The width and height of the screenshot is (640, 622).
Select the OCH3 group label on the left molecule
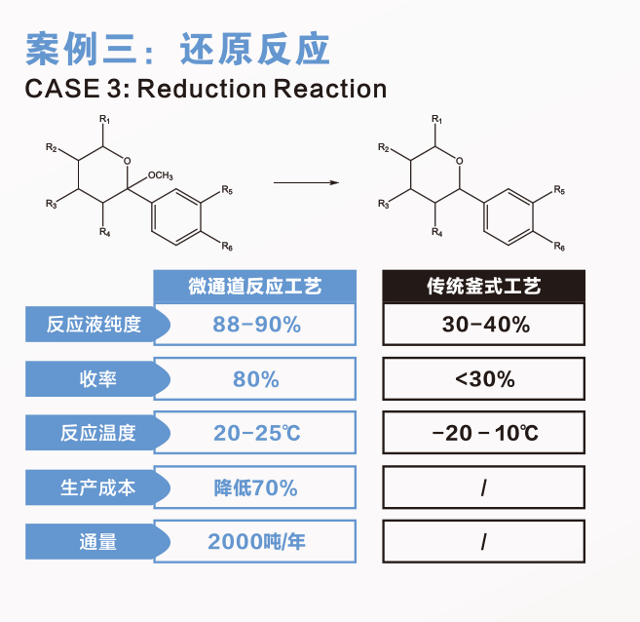pyautogui.click(x=160, y=175)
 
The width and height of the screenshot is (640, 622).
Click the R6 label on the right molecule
pyautogui.click(x=559, y=247)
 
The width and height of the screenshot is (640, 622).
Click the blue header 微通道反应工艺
pyautogui.click(x=255, y=287)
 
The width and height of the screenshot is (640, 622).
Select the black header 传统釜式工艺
pyautogui.click(x=484, y=287)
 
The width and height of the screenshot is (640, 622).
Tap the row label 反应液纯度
pyautogui.click(x=94, y=325)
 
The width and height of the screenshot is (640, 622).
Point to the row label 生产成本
pyautogui.click(x=94, y=487)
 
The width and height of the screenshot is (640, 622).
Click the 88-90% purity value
pyautogui.click(x=256, y=325)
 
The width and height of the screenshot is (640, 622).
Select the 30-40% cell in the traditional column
pyautogui.click(x=485, y=325)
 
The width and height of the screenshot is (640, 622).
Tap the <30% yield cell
pyautogui.click(x=484, y=379)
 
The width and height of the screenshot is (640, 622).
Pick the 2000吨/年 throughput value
pyautogui.click(x=256, y=542)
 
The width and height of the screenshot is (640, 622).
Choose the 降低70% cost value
pyautogui.click(x=256, y=487)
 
